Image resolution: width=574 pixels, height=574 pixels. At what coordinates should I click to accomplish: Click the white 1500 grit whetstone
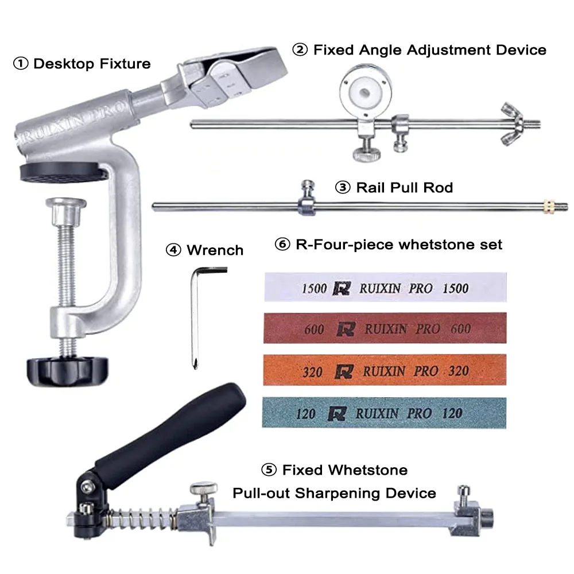coord(386,288)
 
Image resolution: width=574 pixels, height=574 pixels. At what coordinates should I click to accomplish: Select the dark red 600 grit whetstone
coord(385,328)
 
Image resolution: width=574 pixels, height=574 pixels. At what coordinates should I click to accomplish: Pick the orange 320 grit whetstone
coord(385,370)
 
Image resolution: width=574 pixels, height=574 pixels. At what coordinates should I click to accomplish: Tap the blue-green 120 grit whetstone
coord(384,413)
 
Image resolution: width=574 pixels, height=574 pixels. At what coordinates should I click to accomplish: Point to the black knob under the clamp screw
coord(68,371)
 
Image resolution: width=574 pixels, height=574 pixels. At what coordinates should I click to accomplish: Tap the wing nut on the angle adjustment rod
coord(513,124)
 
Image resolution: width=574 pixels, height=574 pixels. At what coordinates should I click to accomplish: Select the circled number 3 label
coord(343,188)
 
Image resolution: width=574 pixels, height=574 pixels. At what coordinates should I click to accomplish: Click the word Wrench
coord(215,250)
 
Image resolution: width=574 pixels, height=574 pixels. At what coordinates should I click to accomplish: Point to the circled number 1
coord(21,64)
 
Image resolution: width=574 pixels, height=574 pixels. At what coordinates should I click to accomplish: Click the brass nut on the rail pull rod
coord(548,207)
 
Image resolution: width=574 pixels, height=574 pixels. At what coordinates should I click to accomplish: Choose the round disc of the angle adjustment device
coord(365,91)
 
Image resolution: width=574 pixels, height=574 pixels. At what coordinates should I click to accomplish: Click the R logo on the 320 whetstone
coord(344,371)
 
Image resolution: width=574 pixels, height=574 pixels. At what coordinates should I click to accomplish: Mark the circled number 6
coord(282,244)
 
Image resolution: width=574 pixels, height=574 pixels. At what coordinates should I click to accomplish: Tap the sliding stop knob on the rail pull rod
coord(307,197)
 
